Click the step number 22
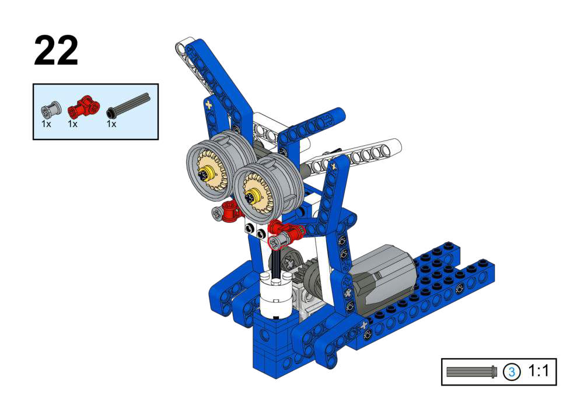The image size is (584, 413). [x=56, y=51]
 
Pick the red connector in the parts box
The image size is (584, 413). [x=84, y=107]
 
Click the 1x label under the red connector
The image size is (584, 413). [x=72, y=124]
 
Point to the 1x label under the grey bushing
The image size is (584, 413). [x=46, y=124]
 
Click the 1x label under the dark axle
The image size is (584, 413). [x=111, y=124]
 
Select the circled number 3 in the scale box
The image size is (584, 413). [x=512, y=372]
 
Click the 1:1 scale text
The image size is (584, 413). [x=538, y=371]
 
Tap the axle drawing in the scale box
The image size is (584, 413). [x=472, y=372]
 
